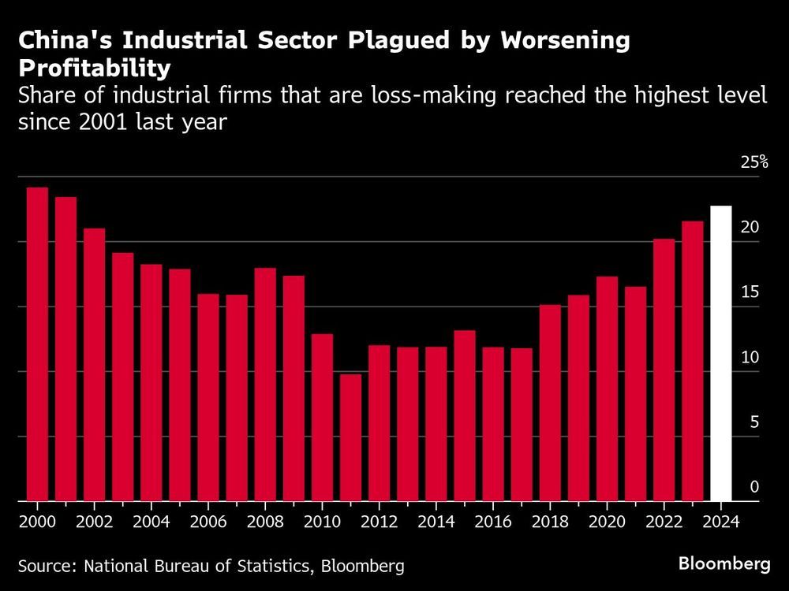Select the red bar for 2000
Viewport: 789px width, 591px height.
[x=37, y=344]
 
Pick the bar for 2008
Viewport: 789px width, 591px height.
[x=265, y=385]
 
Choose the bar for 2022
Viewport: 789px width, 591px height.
[x=664, y=370]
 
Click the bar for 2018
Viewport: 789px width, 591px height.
[x=550, y=403]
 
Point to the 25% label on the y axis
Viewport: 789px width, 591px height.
[x=753, y=162]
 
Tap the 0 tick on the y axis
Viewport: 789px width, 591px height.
[x=753, y=488]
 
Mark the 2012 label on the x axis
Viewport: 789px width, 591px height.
[x=379, y=521]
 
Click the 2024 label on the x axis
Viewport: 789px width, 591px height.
[x=721, y=521]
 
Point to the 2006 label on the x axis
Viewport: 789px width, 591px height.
[x=208, y=521]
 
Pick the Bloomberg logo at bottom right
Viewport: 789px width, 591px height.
[x=724, y=563]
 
